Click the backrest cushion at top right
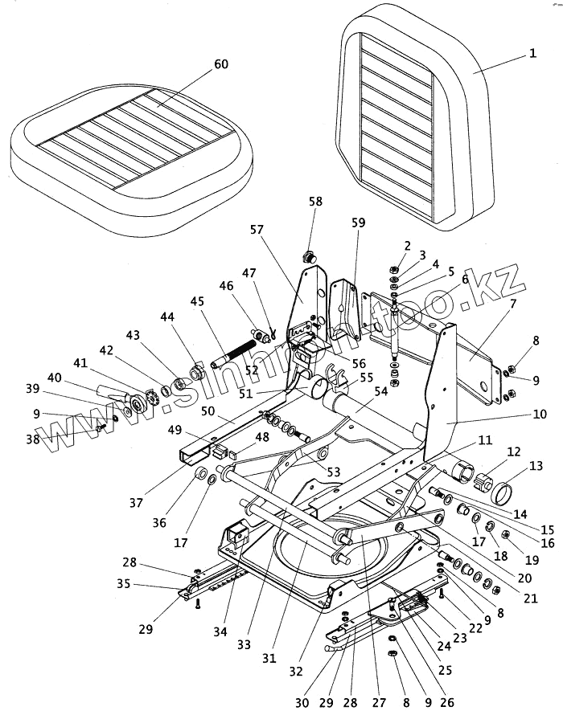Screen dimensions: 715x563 410,121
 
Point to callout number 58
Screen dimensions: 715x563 314,202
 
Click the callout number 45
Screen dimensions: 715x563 196,301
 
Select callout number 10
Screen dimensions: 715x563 539,415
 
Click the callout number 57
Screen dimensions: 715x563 257,229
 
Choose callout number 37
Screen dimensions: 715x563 136,504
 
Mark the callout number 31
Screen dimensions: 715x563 269,659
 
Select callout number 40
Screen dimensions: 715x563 55,378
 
